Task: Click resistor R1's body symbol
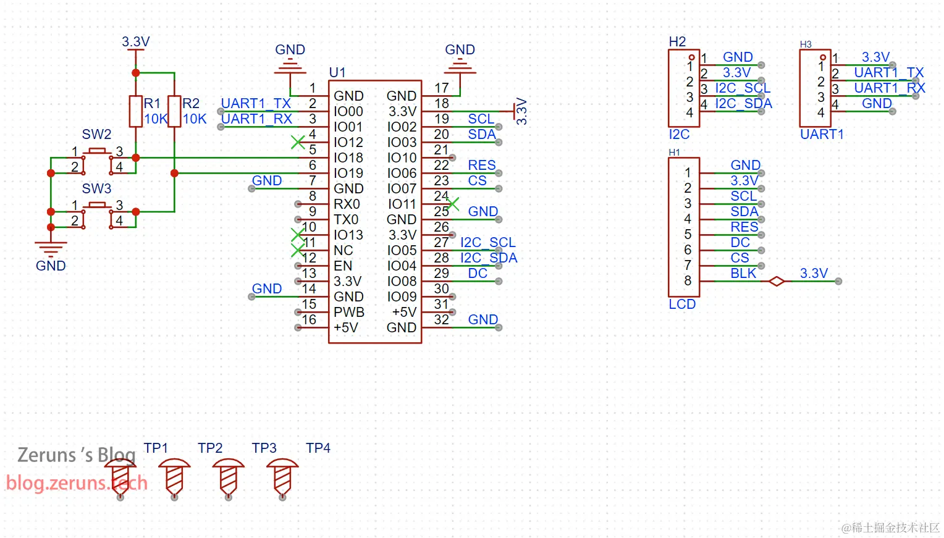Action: pos(135,111)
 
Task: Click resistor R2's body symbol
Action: pos(174,111)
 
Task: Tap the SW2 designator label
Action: pos(96,135)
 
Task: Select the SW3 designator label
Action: pos(96,188)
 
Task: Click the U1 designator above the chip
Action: pos(337,73)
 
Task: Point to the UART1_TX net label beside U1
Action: pos(256,104)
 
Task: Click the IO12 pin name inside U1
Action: pos(348,143)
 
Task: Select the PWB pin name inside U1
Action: pos(349,312)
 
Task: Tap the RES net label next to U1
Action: pos(482,165)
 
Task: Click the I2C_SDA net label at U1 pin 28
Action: pos(489,258)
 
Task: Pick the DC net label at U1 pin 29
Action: pos(478,274)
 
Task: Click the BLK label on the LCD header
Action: pos(743,274)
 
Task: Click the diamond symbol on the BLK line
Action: pos(777,281)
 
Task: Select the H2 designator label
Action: pos(677,42)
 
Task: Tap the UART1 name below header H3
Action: pos(822,135)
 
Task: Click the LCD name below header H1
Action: pos(682,304)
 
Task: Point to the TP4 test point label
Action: pos(318,448)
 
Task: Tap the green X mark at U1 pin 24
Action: pos(453,204)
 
